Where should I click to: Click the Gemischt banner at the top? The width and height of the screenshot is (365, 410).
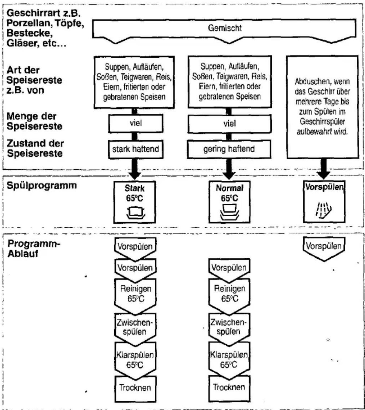[224, 28]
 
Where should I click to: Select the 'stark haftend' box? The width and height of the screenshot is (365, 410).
[136, 149]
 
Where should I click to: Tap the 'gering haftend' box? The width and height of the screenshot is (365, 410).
[229, 149]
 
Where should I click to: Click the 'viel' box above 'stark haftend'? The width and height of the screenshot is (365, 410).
[136, 124]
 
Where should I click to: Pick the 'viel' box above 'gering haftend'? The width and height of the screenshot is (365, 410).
[229, 124]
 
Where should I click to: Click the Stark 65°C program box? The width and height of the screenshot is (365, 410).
[135, 202]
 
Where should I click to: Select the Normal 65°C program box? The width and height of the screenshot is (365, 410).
[229, 202]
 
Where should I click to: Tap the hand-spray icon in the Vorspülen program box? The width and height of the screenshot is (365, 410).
[324, 210]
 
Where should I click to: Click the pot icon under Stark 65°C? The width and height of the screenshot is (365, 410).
[136, 213]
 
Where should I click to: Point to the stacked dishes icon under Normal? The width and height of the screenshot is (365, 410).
[229, 212]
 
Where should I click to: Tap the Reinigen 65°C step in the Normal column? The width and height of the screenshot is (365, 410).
[229, 296]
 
